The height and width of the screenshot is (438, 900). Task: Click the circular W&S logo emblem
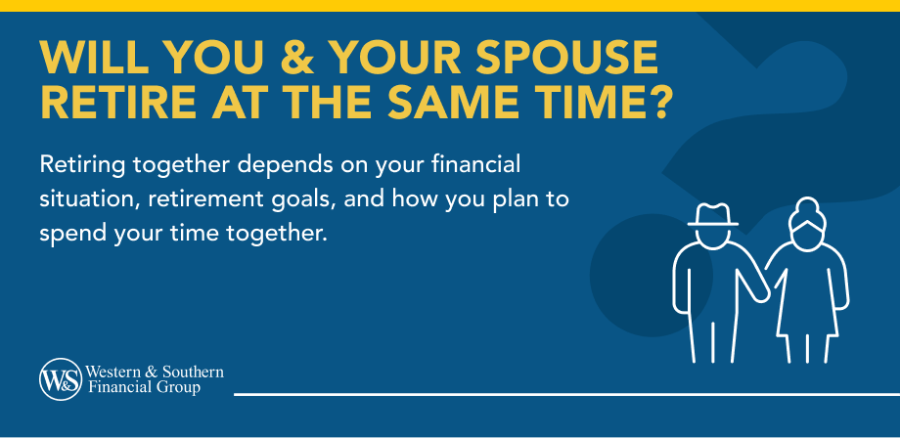click(60, 379)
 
